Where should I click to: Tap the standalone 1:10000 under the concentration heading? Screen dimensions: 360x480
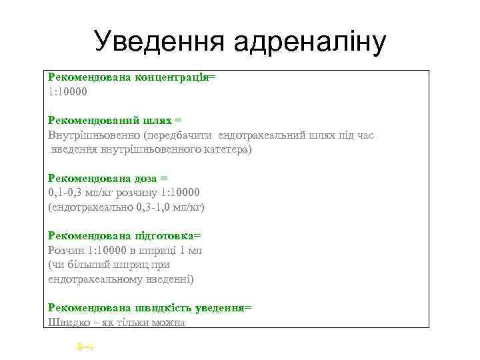67,91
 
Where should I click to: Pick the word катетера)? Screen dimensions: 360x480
228,150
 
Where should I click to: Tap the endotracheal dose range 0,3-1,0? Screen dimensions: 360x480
157,207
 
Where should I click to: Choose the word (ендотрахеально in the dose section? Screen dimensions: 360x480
90,207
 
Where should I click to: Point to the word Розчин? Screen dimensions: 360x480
65,251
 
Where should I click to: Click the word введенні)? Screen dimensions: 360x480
167,279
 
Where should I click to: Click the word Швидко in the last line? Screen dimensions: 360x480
68,323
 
